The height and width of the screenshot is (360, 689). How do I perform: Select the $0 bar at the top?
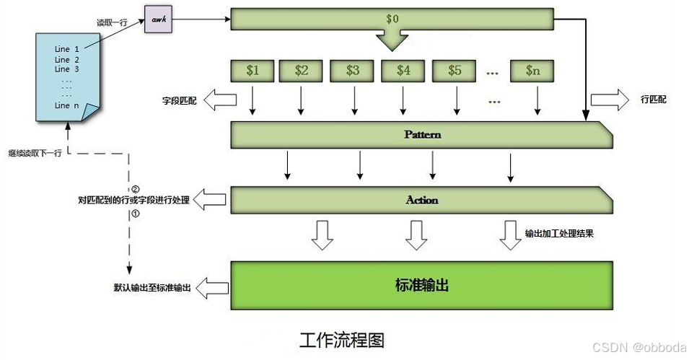pyautogui.click(x=392, y=17)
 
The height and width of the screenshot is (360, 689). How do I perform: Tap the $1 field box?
pyautogui.click(x=252, y=71)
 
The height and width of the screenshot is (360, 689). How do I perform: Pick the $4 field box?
pyautogui.click(x=403, y=71)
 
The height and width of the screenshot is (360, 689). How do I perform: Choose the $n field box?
pyautogui.click(x=532, y=71)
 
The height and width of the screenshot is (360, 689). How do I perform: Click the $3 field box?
pyautogui.click(x=353, y=71)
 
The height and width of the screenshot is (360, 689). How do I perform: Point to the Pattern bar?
pyautogui.click(x=421, y=135)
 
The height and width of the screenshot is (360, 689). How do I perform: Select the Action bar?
pyautogui.click(x=421, y=200)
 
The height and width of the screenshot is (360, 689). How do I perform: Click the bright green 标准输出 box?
pyautogui.click(x=421, y=285)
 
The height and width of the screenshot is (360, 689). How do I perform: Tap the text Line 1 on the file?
pyautogui.click(x=67, y=49)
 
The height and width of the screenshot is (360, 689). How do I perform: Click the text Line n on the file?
pyautogui.click(x=67, y=105)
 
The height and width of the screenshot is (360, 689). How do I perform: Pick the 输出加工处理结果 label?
pyautogui.click(x=560, y=234)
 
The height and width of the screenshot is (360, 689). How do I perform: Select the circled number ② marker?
pyautogui.click(x=134, y=189)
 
